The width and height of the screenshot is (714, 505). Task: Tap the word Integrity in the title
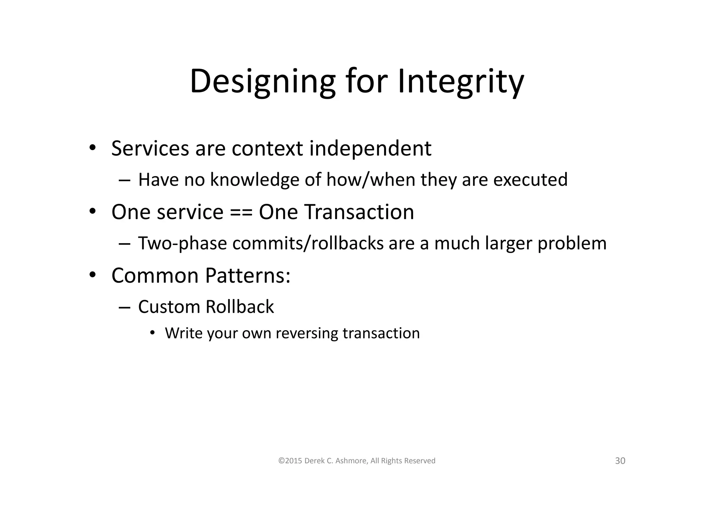(x=460, y=82)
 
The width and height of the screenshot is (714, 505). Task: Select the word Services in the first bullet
(x=150, y=148)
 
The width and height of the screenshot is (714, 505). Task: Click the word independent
(x=370, y=148)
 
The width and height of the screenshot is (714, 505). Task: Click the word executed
(x=530, y=180)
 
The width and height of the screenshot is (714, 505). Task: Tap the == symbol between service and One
(x=241, y=212)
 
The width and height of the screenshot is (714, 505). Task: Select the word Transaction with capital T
(x=359, y=212)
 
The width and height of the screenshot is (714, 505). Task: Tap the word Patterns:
(x=248, y=276)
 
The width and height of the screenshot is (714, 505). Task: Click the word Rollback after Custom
(x=240, y=307)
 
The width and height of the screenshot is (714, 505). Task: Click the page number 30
(x=620, y=461)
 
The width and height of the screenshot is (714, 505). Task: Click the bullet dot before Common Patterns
(x=92, y=275)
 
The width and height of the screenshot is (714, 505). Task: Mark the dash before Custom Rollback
(x=124, y=307)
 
